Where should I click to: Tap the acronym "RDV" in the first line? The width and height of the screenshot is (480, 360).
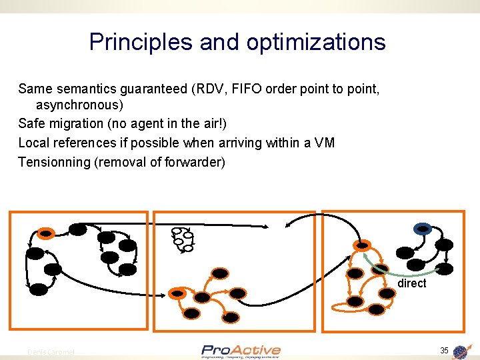coord(197,89)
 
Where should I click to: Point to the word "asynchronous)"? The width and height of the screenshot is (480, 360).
coord(79,105)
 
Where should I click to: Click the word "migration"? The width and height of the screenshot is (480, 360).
coord(76,123)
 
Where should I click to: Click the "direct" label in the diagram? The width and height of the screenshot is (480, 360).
coord(411,283)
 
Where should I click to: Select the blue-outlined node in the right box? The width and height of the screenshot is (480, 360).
coord(423,229)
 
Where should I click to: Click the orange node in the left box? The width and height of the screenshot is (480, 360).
coord(45,233)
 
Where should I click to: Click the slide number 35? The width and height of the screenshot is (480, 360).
coord(444,351)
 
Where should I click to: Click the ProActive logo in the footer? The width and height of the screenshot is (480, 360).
coord(241,351)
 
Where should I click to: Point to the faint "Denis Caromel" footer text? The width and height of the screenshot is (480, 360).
coord(51,351)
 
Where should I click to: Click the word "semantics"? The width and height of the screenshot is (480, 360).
coord(79,89)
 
